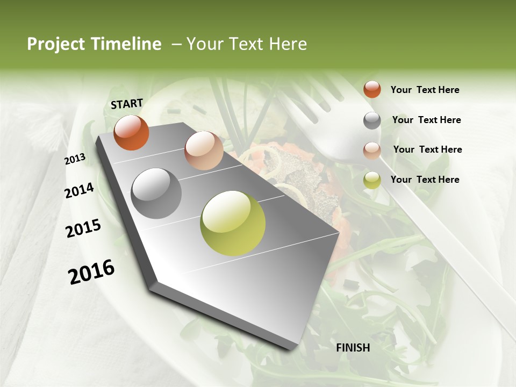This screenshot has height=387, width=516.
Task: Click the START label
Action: pyautogui.click(x=127, y=103)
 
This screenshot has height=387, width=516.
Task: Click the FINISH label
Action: pyautogui.click(x=353, y=347)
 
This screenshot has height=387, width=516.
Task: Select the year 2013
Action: pyautogui.click(x=75, y=159)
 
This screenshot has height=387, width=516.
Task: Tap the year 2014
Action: pyautogui.click(x=79, y=190)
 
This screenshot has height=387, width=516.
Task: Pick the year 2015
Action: pyautogui.click(x=83, y=228)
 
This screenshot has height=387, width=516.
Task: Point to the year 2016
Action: pyautogui.click(x=91, y=271)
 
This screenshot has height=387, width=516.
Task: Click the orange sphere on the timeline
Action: pyautogui.click(x=131, y=132)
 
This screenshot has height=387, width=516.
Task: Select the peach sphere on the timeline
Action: pyautogui.click(x=204, y=150)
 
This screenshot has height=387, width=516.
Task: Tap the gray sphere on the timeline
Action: pyautogui.click(x=156, y=193)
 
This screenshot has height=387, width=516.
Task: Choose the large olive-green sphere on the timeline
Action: pyautogui.click(x=233, y=223)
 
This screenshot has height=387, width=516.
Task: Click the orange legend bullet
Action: pyautogui.click(x=372, y=89)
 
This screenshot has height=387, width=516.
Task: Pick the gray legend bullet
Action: pyautogui.click(x=372, y=120)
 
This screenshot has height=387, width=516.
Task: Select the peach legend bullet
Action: pyautogui.click(x=372, y=150)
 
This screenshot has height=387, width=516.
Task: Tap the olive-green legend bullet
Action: pyautogui.click(x=372, y=180)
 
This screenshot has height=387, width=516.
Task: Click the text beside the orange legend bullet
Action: pyautogui.click(x=425, y=90)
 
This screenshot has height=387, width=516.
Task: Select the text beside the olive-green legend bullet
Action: pyautogui.click(x=425, y=180)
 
